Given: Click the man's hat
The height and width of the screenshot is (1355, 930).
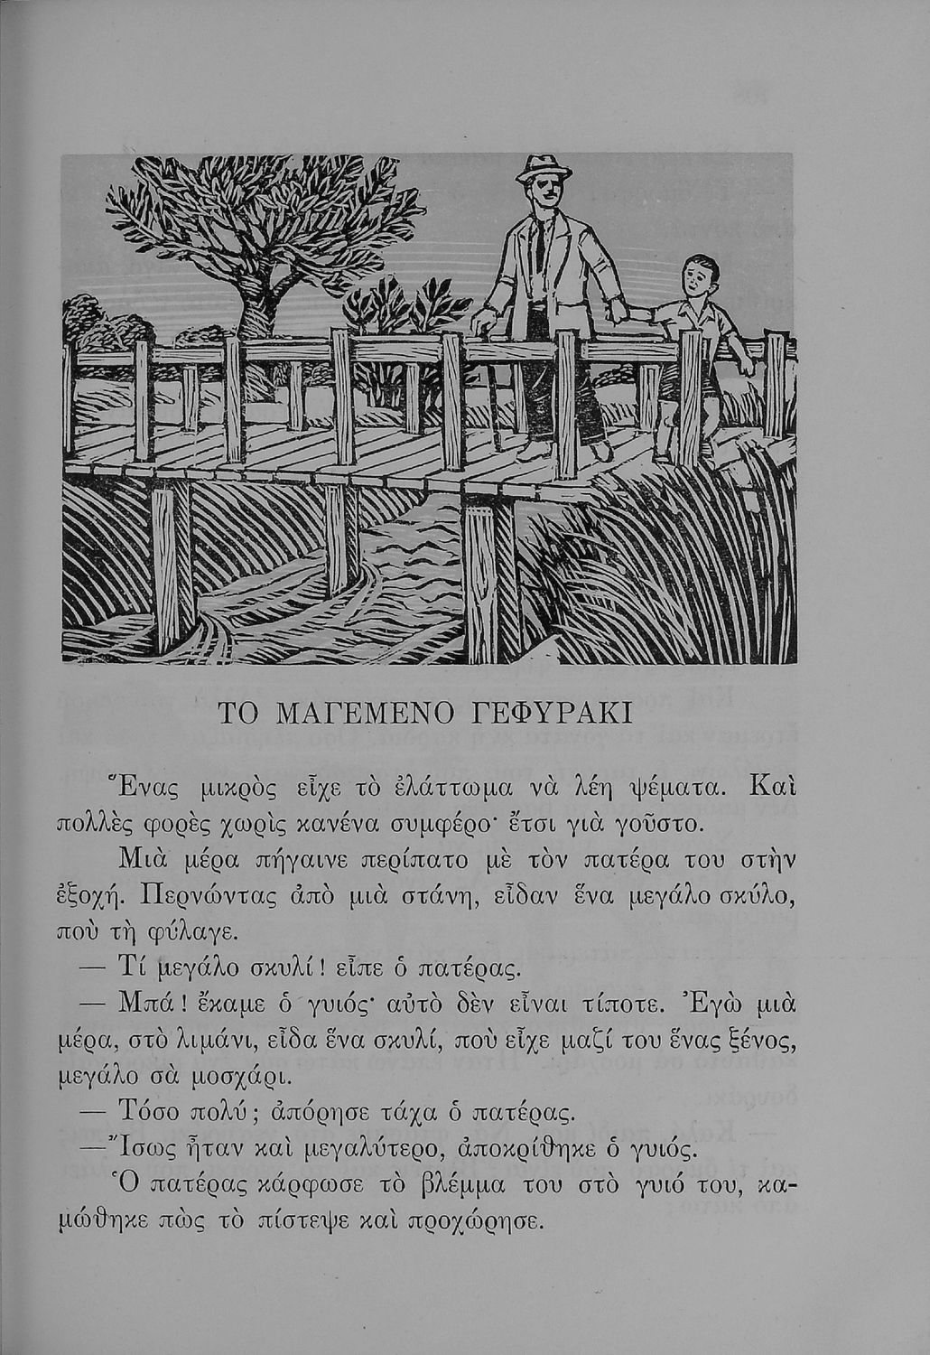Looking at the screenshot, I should pyautogui.click(x=544, y=169).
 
